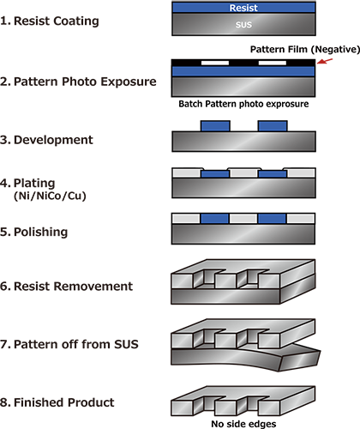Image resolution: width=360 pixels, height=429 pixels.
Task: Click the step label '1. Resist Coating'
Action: [50, 21]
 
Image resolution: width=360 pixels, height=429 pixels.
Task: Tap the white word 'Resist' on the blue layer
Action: [243, 8]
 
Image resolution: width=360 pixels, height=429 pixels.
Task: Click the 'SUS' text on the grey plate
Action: [243, 25]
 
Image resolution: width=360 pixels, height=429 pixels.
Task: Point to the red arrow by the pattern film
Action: [325, 61]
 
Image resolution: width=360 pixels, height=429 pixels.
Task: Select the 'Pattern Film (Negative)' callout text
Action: [305, 49]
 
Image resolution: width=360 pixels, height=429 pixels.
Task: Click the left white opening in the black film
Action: [215, 63]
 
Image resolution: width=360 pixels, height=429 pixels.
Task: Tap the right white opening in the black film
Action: [273, 63]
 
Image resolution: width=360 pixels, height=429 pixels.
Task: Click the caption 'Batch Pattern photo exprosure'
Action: [243, 104]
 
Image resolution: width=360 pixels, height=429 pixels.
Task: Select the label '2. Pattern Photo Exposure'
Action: [78, 82]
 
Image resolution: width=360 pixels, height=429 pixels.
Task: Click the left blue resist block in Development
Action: [215, 126]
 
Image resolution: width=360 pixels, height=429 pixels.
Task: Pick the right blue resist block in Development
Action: [273, 126]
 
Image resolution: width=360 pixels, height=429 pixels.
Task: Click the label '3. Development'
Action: [46, 140]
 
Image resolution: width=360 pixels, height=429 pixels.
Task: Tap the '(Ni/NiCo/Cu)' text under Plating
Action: [50, 196]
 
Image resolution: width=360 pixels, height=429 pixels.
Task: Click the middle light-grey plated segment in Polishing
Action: [243, 219]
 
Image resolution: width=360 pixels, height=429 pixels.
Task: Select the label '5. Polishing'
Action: [33, 232]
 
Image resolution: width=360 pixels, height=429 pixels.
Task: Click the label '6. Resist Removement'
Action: [66, 287]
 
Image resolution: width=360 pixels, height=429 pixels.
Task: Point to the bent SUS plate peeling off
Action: [246, 357]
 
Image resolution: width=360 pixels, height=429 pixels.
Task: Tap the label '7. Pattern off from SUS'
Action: [69, 344]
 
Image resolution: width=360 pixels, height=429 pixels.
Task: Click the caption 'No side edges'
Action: [243, 424]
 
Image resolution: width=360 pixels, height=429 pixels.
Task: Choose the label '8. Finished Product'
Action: [57, 402]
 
